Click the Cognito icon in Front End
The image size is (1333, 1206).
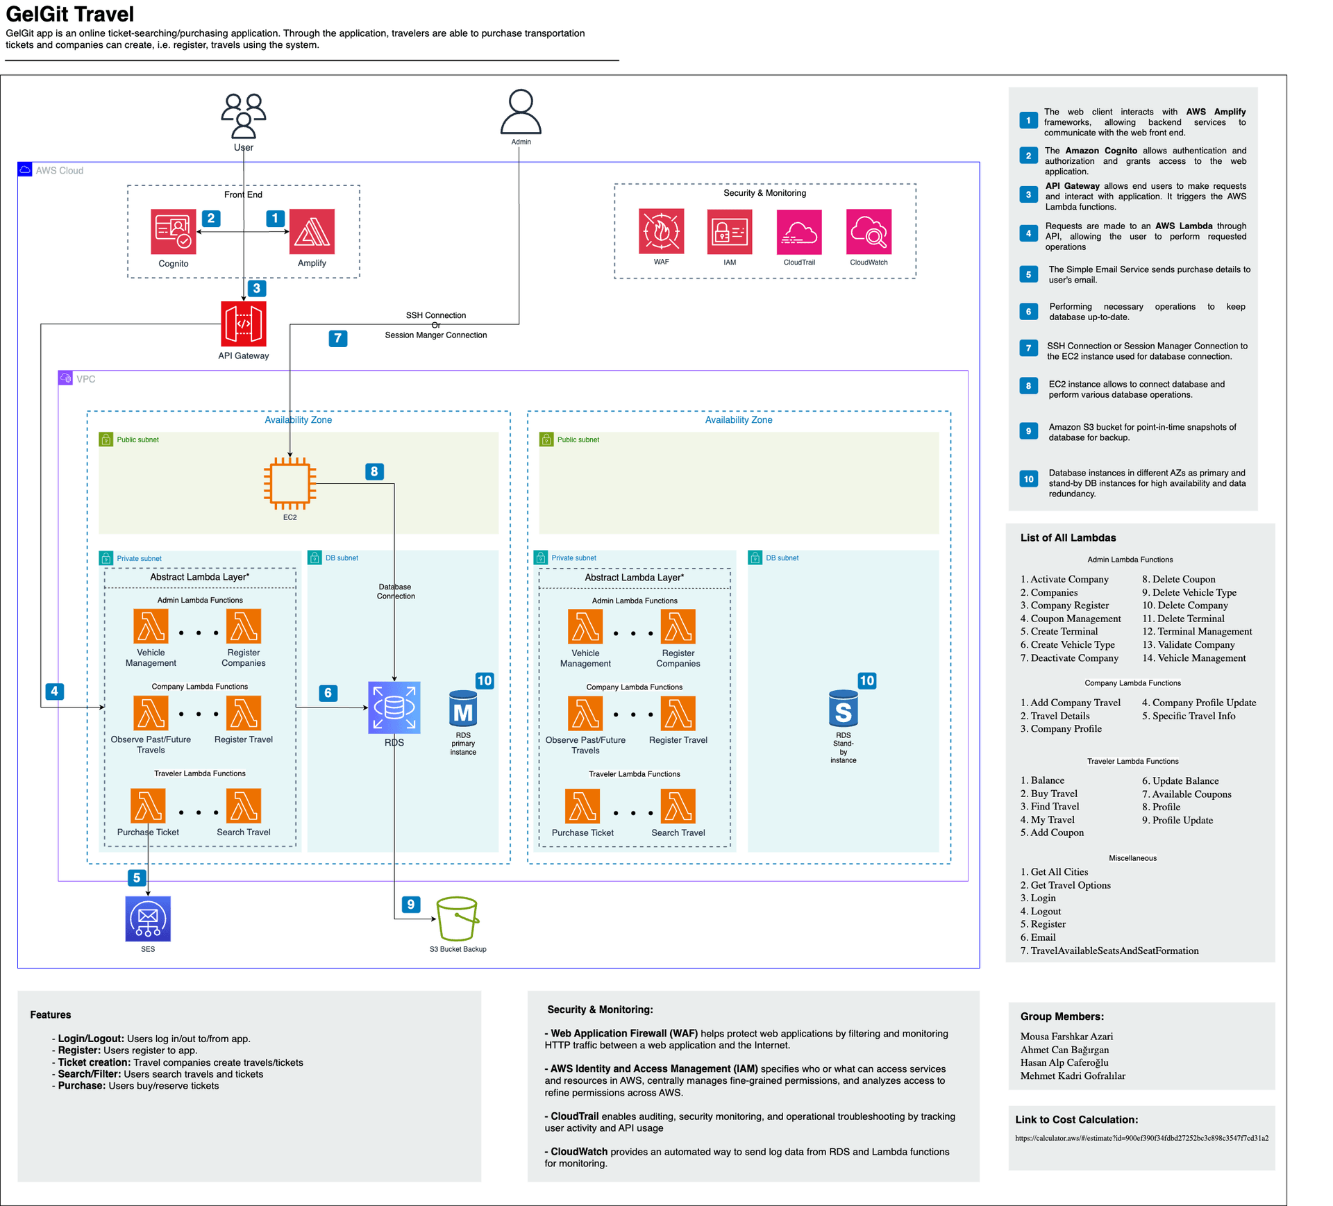pos(174,232)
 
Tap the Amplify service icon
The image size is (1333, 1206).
pos(312,232)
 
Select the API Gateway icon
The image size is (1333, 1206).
pos(243,324)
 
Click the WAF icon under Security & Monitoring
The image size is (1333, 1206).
pos(661,231)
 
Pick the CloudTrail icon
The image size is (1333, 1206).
pos(799,232)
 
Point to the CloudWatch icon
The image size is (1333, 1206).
pos(869,232)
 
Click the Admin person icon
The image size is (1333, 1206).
pos(521,112)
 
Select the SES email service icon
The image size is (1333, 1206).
pos(148,919)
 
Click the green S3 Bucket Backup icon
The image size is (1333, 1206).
pos(457,919)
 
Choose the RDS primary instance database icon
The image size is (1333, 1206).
pos(463,708)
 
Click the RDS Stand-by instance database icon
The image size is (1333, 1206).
pos(843,708)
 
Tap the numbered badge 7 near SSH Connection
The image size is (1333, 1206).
pos(337,338)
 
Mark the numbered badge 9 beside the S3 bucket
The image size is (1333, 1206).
pos(411,904)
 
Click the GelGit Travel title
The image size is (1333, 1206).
pos(70,14)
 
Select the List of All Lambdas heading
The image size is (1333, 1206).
pos(1068,537)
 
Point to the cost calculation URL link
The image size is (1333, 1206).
pos(1141,1138)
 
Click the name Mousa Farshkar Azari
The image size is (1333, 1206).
pos(1066,1036)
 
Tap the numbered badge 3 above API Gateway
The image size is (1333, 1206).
pos(257,288)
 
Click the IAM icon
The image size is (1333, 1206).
pos(730,232)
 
